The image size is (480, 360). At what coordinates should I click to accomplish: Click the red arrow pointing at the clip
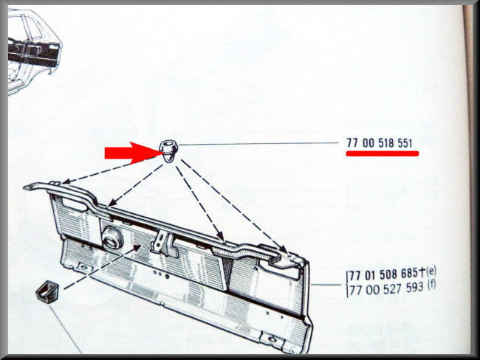click(131, 153)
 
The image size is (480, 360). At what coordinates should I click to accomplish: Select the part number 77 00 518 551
click(380, 143)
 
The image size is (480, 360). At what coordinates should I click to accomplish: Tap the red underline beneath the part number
click(383, 153)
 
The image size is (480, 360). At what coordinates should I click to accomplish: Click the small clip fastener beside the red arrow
click(168, 150)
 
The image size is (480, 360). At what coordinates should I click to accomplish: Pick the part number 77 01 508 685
click(383, 274)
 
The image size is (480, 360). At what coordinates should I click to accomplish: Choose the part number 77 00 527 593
click(385, 288)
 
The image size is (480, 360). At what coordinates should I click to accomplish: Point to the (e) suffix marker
click(431, 271)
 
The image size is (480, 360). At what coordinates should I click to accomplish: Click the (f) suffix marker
click(431, 285)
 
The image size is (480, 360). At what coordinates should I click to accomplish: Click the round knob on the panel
click(112, 238)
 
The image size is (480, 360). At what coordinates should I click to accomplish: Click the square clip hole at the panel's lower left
click(84, 268)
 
